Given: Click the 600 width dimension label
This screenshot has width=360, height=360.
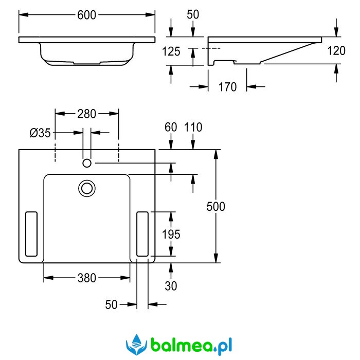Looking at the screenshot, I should click(x=87, y=15).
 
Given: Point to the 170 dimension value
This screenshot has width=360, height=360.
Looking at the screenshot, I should click(x=227, y=87).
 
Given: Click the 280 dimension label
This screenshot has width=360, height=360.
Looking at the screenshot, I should click(x=86, y=114).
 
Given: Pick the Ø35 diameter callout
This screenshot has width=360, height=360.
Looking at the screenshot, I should click(x=40, y=133).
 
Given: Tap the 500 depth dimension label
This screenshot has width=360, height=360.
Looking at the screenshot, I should click(x=215, y=206).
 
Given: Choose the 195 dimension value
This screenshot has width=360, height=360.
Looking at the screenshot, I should click(x=171, y=235).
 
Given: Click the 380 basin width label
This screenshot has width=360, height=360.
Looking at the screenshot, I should click(x=86, y=278).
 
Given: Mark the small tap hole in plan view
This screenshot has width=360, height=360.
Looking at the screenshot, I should click(x=87, y=163).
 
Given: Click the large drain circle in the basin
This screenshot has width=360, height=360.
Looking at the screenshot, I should click(x=87, y=187).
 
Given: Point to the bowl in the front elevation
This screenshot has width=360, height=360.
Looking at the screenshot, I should click(x=86, y=55).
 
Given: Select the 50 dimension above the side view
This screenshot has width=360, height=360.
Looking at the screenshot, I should click(x=192, y=14).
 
